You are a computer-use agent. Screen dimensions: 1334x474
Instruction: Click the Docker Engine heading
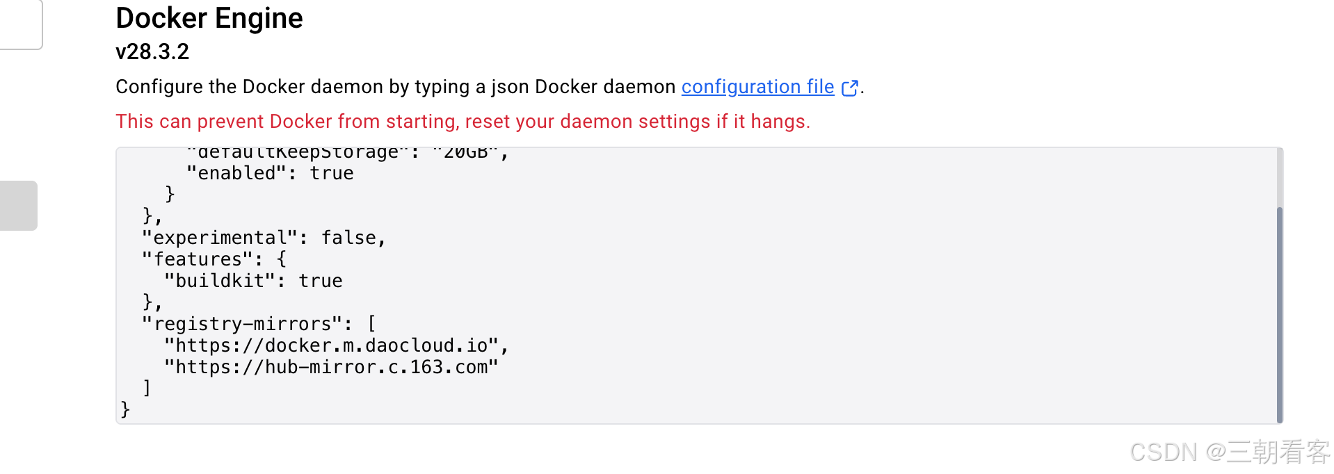[209, 18]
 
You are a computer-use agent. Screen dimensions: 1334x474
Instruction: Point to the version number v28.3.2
[152, 51]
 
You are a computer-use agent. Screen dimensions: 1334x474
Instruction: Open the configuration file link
[757, 87]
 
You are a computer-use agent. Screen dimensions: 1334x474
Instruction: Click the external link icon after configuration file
[849, 88]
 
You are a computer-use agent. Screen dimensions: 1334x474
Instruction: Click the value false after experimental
[348, 238]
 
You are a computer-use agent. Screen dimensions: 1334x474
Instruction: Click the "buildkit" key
[220, 281]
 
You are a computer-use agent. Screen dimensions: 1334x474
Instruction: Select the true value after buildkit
[320, 281]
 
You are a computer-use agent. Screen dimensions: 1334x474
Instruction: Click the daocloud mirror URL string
[331, 345]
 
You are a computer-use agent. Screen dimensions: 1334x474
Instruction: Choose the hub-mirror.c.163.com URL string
[331, 367]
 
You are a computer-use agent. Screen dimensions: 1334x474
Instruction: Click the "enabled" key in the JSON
[236, 173]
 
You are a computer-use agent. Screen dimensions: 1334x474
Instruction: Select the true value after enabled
[331, 173]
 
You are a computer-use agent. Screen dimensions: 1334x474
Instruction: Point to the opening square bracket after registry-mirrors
[371, 324]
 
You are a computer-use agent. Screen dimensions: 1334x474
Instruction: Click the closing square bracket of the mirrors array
[147, 388]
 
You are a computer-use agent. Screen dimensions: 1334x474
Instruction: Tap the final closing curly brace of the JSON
[125, 409]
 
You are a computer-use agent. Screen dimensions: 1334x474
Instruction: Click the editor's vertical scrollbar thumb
[1279, 313]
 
